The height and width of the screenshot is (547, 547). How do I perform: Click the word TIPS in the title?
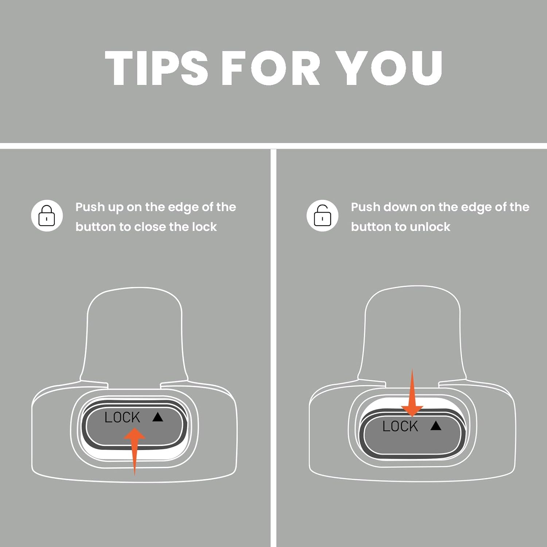click(x=156, y=68)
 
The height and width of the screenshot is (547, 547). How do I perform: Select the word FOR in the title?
click(x=271, y=68)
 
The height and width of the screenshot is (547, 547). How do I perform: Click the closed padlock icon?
click(x=47, y=216)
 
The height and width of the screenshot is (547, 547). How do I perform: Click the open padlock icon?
click(x=322, y=216)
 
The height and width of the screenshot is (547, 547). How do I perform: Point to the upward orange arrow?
click(x=135, y=451)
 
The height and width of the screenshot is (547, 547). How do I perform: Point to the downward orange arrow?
click(x=412, y=393)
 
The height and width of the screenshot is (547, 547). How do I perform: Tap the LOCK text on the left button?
click(x=122, y=417)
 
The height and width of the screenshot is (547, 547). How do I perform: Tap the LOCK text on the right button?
click(x=400, y=426)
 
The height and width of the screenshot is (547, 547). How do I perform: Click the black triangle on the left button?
click(x=158, y=417)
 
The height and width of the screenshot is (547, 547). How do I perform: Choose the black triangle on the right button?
click(x=436, y=426)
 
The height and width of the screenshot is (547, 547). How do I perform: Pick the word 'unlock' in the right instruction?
click(x=430, y=226)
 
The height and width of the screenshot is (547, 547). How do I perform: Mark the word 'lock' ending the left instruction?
click(x=204, y=226)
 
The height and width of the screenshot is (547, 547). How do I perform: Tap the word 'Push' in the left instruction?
click(x=90, y=207)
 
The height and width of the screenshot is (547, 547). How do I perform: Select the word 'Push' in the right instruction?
click(x=365, y=207)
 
